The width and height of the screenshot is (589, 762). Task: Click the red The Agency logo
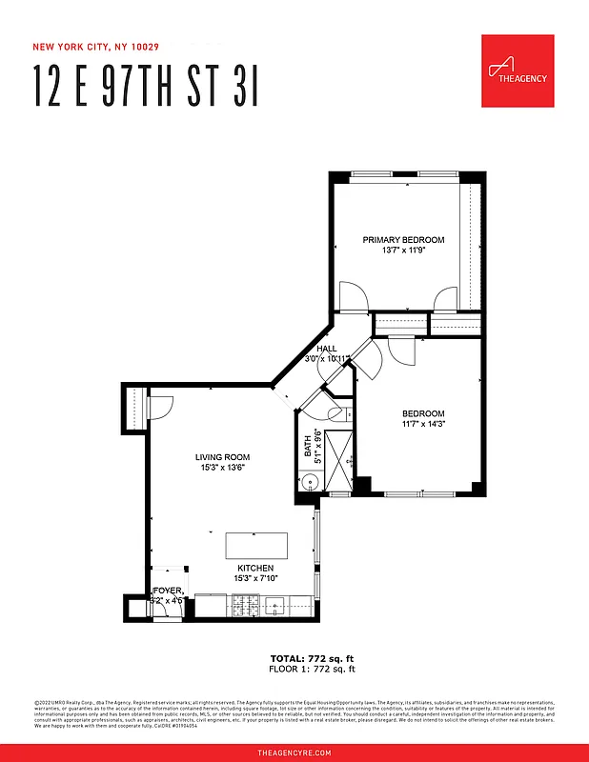coord(518,71)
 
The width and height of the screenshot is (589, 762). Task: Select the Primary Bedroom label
coord(403,240)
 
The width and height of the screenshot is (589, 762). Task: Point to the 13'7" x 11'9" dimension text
coord(403,251)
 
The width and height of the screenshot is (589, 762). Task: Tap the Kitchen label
coord(255,567)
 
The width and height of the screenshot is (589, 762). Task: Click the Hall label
coord(327,349)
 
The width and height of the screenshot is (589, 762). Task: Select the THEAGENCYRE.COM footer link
coord(294,752)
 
